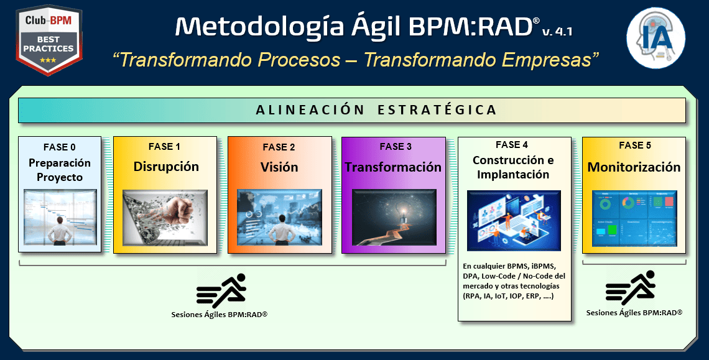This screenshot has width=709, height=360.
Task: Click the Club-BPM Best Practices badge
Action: (49, 40)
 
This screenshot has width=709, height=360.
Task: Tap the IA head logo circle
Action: (656, 38)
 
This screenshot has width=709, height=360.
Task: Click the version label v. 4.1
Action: (557, 31)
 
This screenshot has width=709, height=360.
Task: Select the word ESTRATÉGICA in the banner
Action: (437, 110)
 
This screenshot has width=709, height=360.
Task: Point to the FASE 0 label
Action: (60, 147)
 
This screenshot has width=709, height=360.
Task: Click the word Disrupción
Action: (166, 167)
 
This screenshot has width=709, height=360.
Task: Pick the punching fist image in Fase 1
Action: (165, 218)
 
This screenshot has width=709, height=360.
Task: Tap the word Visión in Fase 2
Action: (279, 167)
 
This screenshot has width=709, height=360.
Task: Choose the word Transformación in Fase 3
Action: (393, 167)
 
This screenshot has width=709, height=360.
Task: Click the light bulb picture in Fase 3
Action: (394, 218)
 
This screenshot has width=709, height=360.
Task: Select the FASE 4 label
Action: (512, 145)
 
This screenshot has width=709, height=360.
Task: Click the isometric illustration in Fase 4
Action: (514, 221)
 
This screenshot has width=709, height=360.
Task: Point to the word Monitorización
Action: (634, 167)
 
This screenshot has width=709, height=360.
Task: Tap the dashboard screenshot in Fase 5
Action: (634, 218)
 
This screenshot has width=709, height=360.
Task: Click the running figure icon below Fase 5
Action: (631, 288)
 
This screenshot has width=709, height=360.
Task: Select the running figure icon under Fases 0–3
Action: (221, 291)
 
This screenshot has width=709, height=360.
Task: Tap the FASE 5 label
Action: (635, 145)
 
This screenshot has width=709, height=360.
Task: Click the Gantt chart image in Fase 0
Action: (60, 218)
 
